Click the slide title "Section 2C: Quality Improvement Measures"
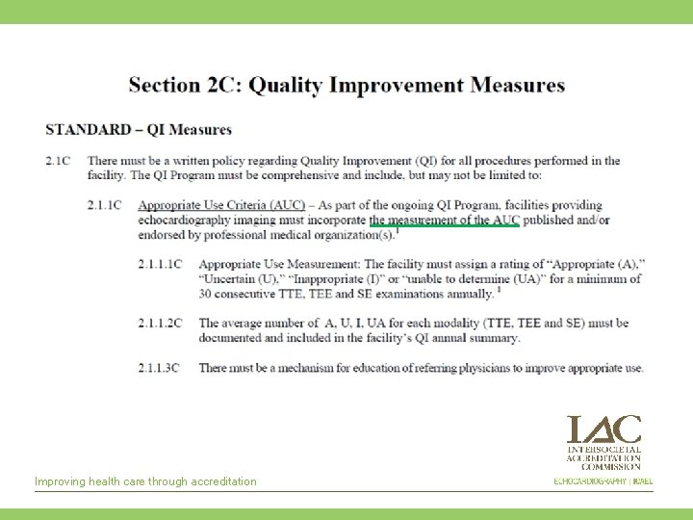coord(346,85)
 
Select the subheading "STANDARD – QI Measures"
coord(139,130)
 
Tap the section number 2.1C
coord(58,161)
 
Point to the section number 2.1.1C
coord(103,205)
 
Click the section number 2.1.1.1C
coord(160,264)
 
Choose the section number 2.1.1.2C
coord(160,323)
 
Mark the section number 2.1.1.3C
coord(160,368)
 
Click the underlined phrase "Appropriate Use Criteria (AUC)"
coord(221,205)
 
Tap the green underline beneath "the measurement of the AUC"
coord(444,227)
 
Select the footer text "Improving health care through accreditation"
coord(145,481)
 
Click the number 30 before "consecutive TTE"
coord(206,294)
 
